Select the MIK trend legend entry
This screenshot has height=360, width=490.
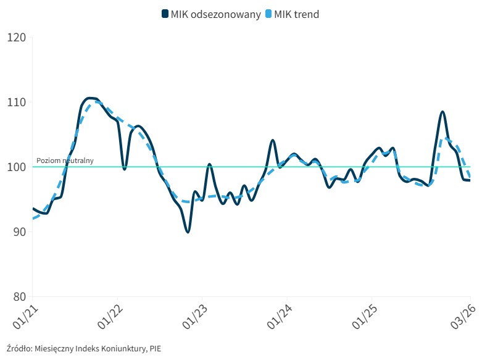tap(297, 14)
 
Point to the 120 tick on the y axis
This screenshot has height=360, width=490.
tap(15, 37)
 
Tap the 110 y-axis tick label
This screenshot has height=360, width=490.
tap(15, 102)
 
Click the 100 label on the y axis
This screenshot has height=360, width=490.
tap(15, 167)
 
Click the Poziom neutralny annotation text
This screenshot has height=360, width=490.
tap(65, 161)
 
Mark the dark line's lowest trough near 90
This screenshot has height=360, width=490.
tap(187, 232)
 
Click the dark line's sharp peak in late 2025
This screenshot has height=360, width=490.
tap(442, 112)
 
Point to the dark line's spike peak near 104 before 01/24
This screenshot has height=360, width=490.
tap(273, 140)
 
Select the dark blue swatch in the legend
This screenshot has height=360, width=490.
tap(165, 14)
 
